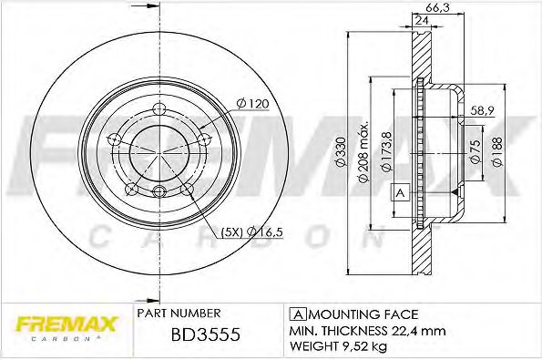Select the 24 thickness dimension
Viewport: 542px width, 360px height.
(421, 20)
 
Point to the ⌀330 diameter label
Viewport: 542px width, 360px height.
(342, 152)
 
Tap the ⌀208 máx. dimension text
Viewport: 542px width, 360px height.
(363, 151)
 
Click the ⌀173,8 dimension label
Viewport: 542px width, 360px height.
(386, 151)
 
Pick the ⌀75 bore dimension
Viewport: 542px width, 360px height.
(476, 151)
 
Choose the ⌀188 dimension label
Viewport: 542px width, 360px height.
(497, 151)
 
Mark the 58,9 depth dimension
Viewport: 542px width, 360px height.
(483, 110)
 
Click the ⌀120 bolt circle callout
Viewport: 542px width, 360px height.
(252, 103)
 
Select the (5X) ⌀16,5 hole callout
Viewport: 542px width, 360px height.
(252, 232)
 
